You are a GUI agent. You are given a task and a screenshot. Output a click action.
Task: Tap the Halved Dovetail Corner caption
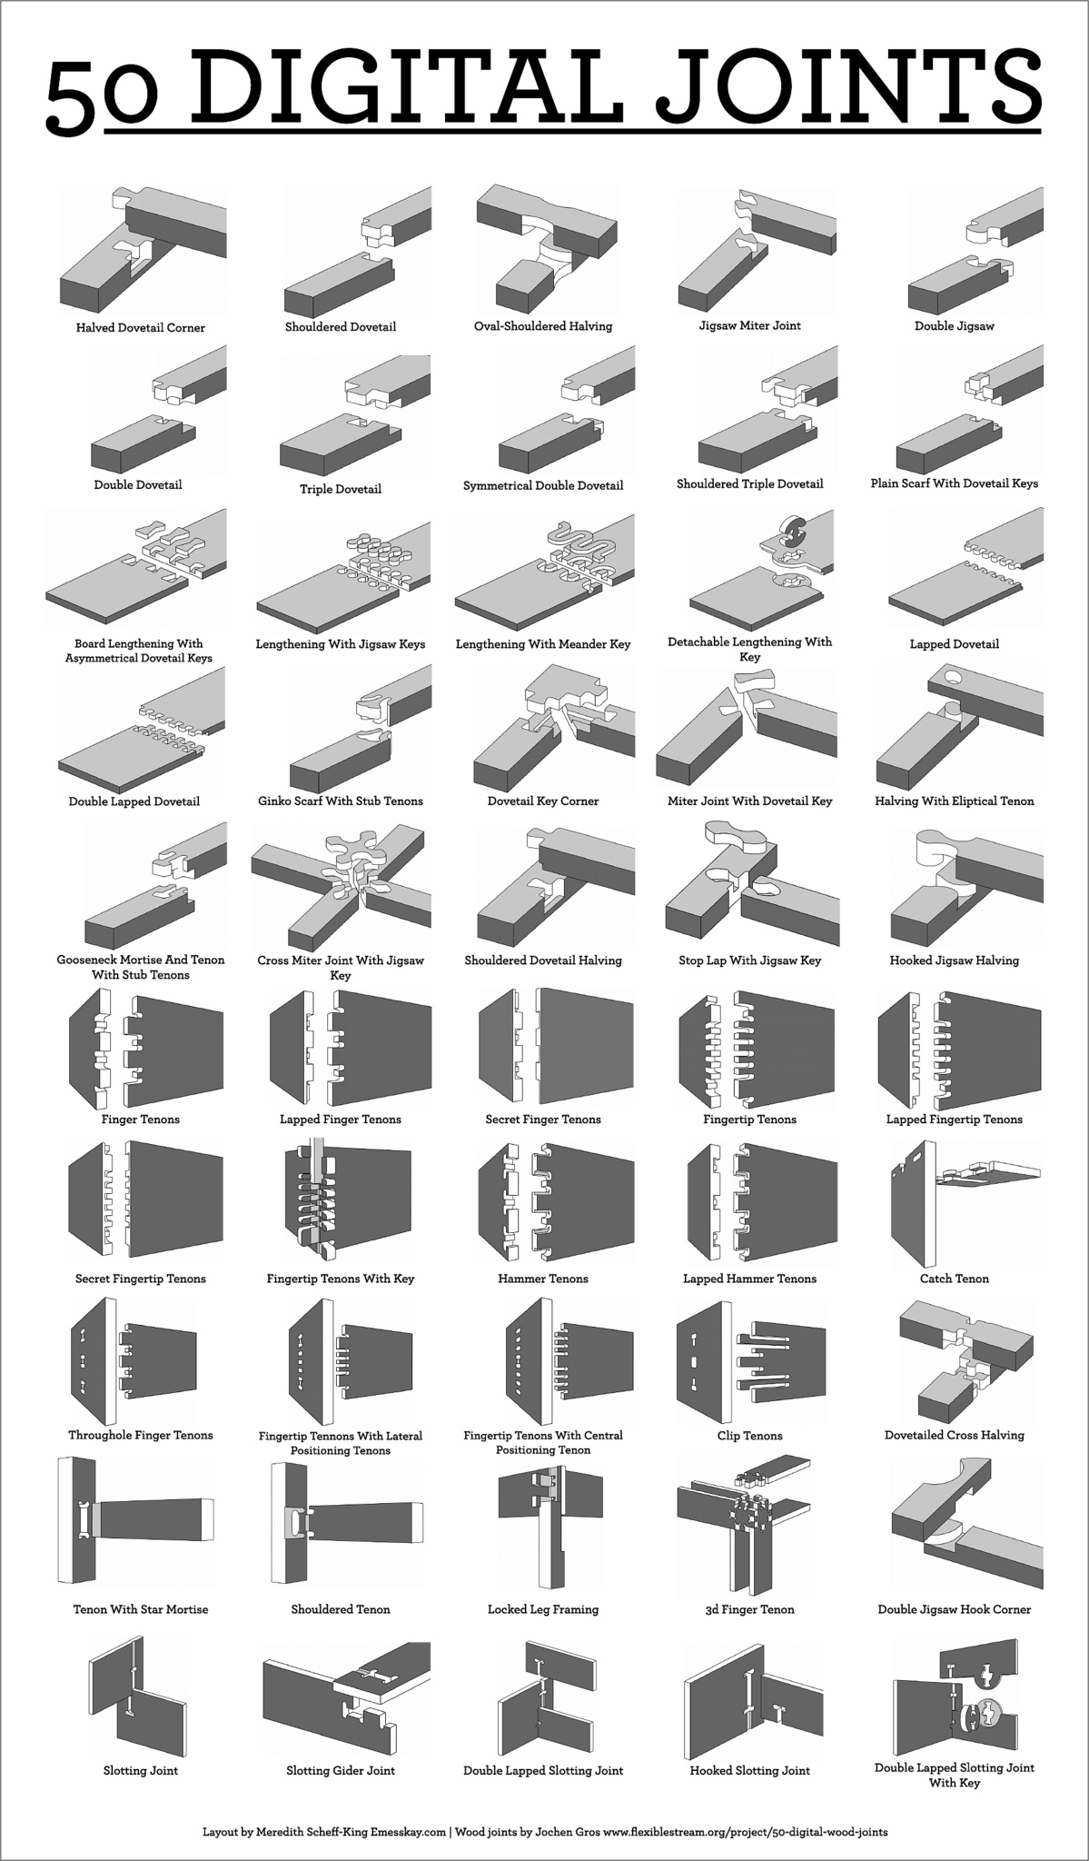[x=140, y=328]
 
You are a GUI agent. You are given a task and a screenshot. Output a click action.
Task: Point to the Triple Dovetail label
[x=341, y=489]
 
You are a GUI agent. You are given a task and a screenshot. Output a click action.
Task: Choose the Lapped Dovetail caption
[x=954, y=644]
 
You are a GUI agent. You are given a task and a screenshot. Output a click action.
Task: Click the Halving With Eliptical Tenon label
[x=954, y=801]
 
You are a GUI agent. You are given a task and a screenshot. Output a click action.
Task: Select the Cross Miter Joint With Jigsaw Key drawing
[x=342, y=886]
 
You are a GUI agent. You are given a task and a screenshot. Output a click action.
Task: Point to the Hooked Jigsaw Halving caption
[x=954, y=960]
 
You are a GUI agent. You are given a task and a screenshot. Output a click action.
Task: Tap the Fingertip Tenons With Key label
[x=341, y=1279]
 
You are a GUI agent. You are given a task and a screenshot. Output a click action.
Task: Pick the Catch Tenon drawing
[x=963, y=1199]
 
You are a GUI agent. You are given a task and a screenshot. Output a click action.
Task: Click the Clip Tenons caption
[x=749, y=1436]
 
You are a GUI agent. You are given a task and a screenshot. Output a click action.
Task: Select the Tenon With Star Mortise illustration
[x=136, y=1528]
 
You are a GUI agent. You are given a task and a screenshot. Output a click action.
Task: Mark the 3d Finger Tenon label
[x=749, y=1609]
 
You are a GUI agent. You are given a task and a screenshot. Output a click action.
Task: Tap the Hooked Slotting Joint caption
[x=749, y=1770]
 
